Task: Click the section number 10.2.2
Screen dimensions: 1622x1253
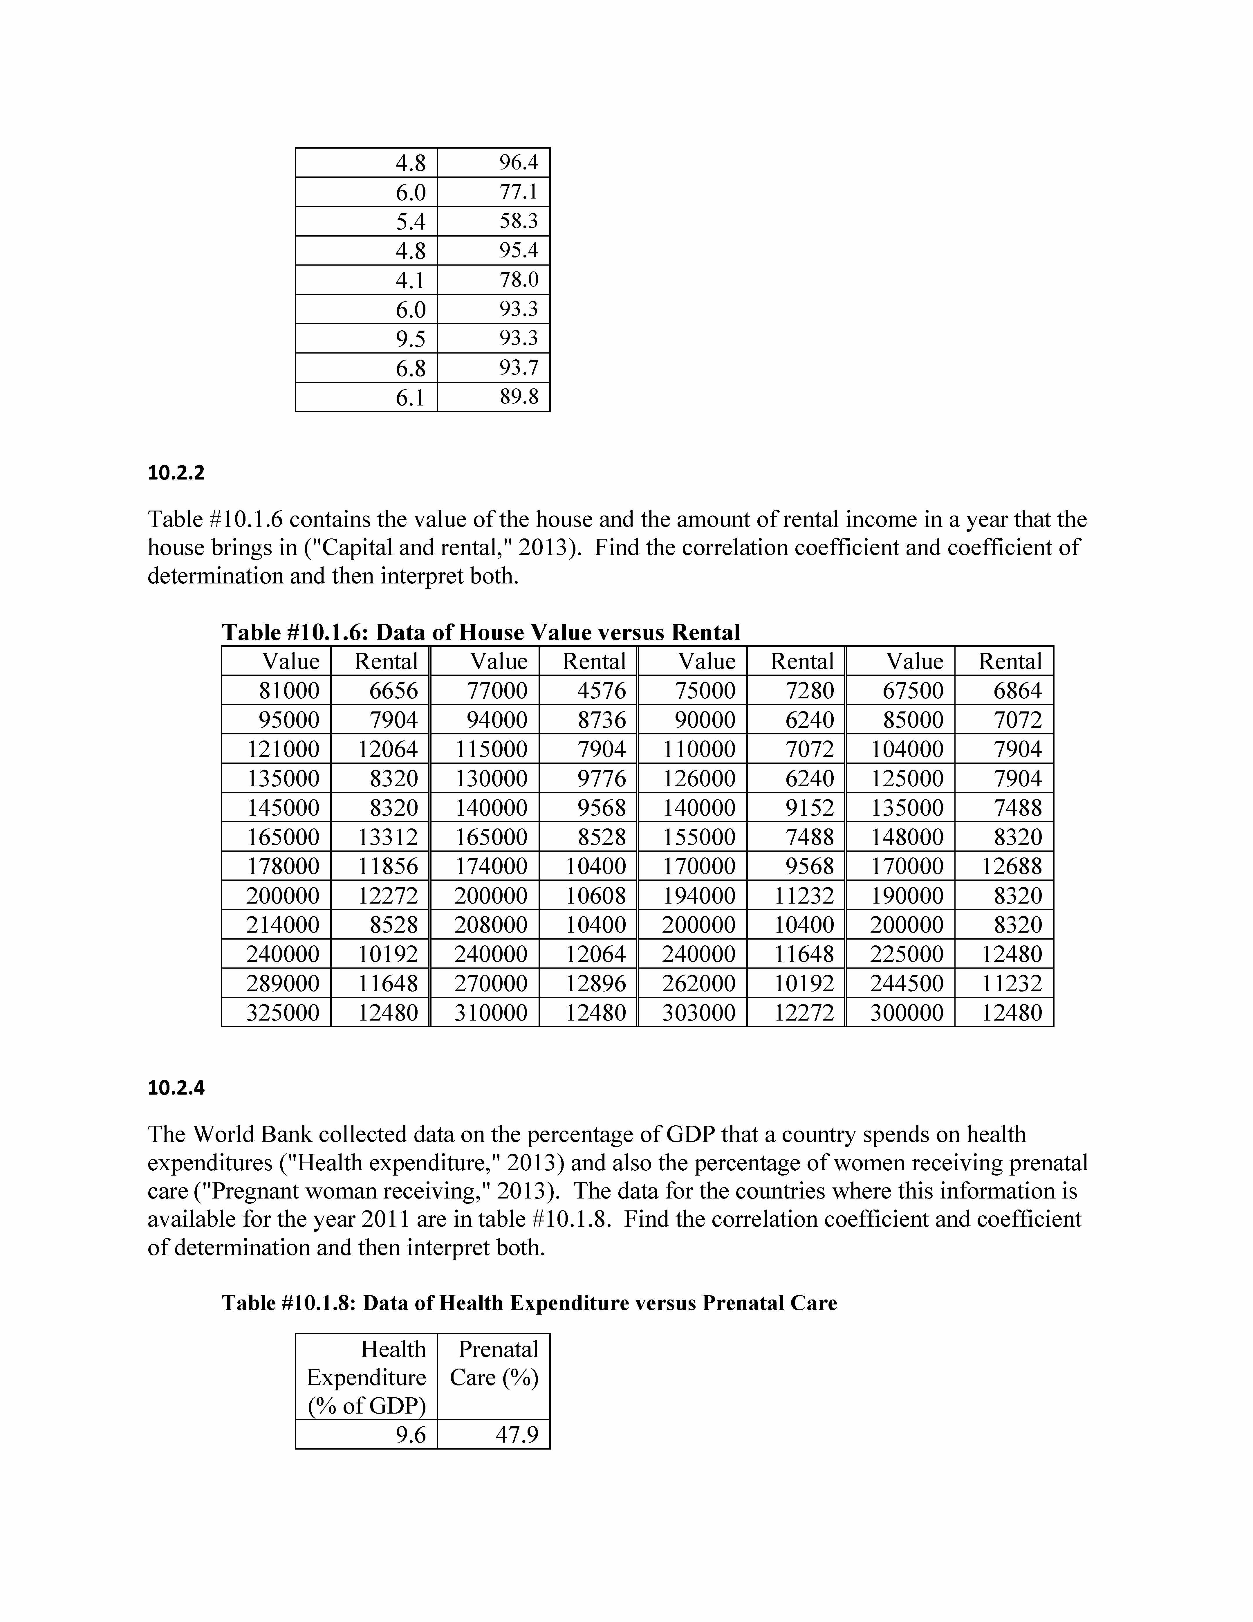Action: [176, 472]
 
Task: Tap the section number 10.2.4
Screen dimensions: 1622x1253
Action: [176, 1088]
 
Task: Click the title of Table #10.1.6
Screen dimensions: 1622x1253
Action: [481, 632]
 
